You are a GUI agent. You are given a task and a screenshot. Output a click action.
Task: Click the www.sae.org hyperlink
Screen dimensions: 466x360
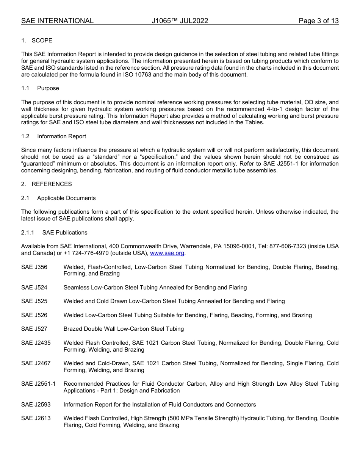[x=167, y=253]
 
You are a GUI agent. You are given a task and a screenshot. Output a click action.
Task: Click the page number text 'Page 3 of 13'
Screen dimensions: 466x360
[x=318, y=21]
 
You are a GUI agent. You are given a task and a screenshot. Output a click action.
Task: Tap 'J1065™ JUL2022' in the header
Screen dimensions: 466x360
[x=180, y=21]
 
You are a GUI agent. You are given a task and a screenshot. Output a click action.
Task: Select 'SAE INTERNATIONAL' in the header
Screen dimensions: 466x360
[x=57, y=21]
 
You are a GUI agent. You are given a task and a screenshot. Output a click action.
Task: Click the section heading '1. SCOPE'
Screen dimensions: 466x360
[x=37, y=41]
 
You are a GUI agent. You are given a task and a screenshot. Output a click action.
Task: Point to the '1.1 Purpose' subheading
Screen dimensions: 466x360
[x=40, y=88]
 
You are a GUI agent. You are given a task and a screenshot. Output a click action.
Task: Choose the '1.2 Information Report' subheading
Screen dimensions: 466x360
[x=53, y=136]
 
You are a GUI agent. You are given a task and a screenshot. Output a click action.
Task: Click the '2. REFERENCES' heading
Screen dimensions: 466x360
[x=46, y=184]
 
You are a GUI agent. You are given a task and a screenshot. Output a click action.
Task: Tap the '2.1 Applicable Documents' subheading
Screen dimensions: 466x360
[x=58, y=198]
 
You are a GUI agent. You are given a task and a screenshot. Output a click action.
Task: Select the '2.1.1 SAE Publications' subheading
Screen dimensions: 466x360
[x=54, y=233]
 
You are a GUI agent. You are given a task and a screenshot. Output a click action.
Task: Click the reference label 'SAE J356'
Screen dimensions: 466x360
[x=34, y=267]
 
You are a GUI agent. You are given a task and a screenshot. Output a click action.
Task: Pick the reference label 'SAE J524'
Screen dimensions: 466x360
[x=34, y=288]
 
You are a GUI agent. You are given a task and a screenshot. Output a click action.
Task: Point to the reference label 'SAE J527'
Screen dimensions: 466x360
[x=34, y=329]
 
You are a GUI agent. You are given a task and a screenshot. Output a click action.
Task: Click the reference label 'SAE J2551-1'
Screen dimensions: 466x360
[x=38, y=384]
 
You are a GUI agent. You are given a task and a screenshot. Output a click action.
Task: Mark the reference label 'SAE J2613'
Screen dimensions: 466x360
[x=36, y=418]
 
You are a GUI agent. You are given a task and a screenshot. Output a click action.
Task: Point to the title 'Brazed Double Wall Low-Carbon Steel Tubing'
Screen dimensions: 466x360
[x=124, y=329]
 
